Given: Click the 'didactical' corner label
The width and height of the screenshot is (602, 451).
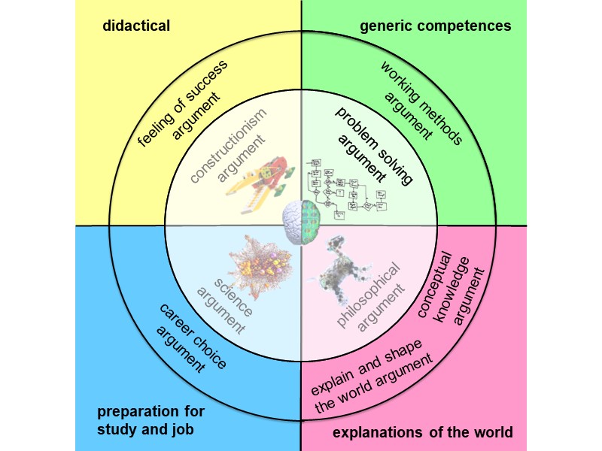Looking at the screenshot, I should pyautogui.click(x=136, y=26).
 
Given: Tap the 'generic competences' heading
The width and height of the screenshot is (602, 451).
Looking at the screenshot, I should pyautogui.click(x=436, y=26).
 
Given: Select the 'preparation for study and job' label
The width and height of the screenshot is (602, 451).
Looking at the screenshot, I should pyautogui.click(x=150, y=420).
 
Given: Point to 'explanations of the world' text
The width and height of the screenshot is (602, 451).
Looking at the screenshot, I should pyautogui.click(x=422, y=432).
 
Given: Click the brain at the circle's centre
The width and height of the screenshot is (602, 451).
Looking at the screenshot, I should pyautogui.click(x=301, y=223).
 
